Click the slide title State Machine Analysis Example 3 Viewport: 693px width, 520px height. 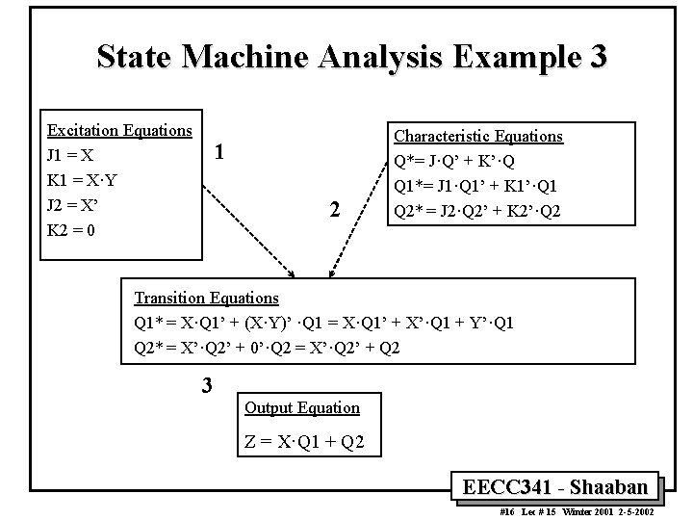point(351,57)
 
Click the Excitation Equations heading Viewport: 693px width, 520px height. point(120,130)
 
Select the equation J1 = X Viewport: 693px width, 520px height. point(70,155)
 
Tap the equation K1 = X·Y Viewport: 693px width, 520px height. point(81,180)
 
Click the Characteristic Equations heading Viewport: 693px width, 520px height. point(478,137)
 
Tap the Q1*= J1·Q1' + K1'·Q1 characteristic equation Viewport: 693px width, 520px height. point(476,186)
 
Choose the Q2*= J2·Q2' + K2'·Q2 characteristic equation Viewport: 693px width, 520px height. point(476,211)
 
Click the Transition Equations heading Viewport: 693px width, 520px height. point(206,298)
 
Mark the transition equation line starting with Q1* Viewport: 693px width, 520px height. point(323,323)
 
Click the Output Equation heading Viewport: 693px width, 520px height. point(302,407)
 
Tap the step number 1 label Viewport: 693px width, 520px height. point(220,152)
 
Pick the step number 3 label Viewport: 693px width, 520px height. point(206,386)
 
